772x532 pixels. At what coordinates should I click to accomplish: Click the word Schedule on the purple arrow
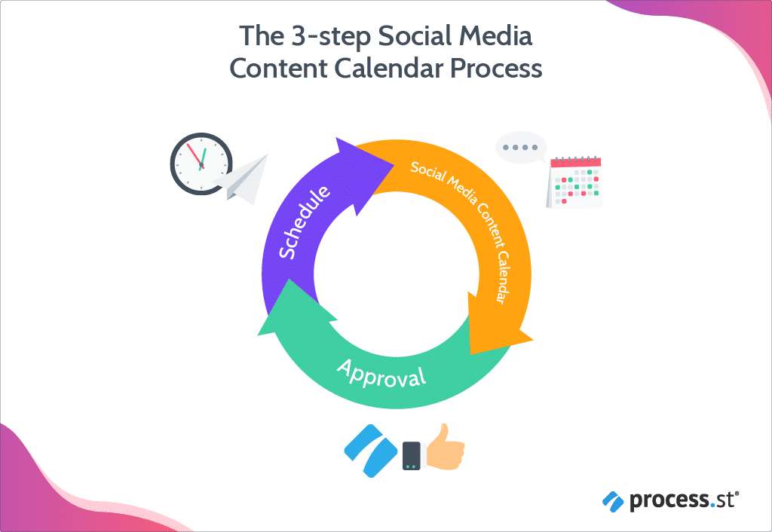click(304, 222)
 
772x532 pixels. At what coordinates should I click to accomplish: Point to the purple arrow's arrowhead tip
click(395, 165)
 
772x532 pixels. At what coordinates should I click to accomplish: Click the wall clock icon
click(201, 164)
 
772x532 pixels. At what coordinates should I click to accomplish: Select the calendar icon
click(574, 182)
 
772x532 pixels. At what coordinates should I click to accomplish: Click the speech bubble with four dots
click(521, 148)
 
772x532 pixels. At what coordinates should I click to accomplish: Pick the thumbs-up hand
click(445, 447)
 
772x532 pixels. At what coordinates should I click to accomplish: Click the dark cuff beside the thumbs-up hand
click(412, 456)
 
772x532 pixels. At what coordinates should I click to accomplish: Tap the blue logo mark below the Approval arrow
click(371, 451)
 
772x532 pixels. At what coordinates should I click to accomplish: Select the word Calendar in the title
click(389, 68)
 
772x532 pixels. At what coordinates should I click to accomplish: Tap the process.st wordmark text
click(682, 500)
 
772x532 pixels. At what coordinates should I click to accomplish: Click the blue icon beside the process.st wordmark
click(613, 502)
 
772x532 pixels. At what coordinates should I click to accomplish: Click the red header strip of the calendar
click(575, 162)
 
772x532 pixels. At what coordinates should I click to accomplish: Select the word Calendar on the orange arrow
click(502, 278)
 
